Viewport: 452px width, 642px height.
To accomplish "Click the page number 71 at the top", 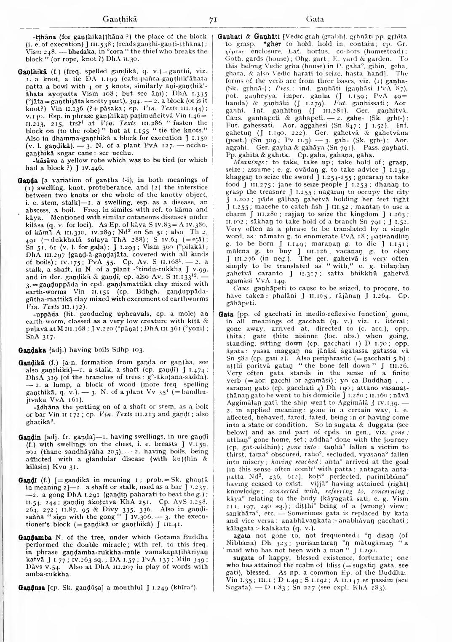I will click(x=213, y=19).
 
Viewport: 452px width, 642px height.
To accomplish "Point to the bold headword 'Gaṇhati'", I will click(x=228, y=37).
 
